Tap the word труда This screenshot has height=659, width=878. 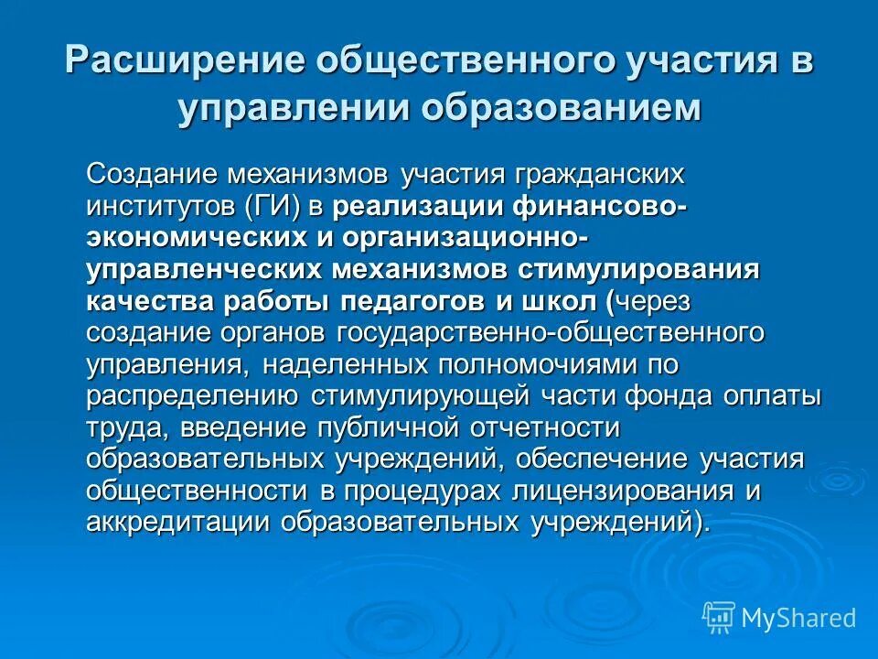(126, 428)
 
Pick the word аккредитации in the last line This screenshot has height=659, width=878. (183, 523)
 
